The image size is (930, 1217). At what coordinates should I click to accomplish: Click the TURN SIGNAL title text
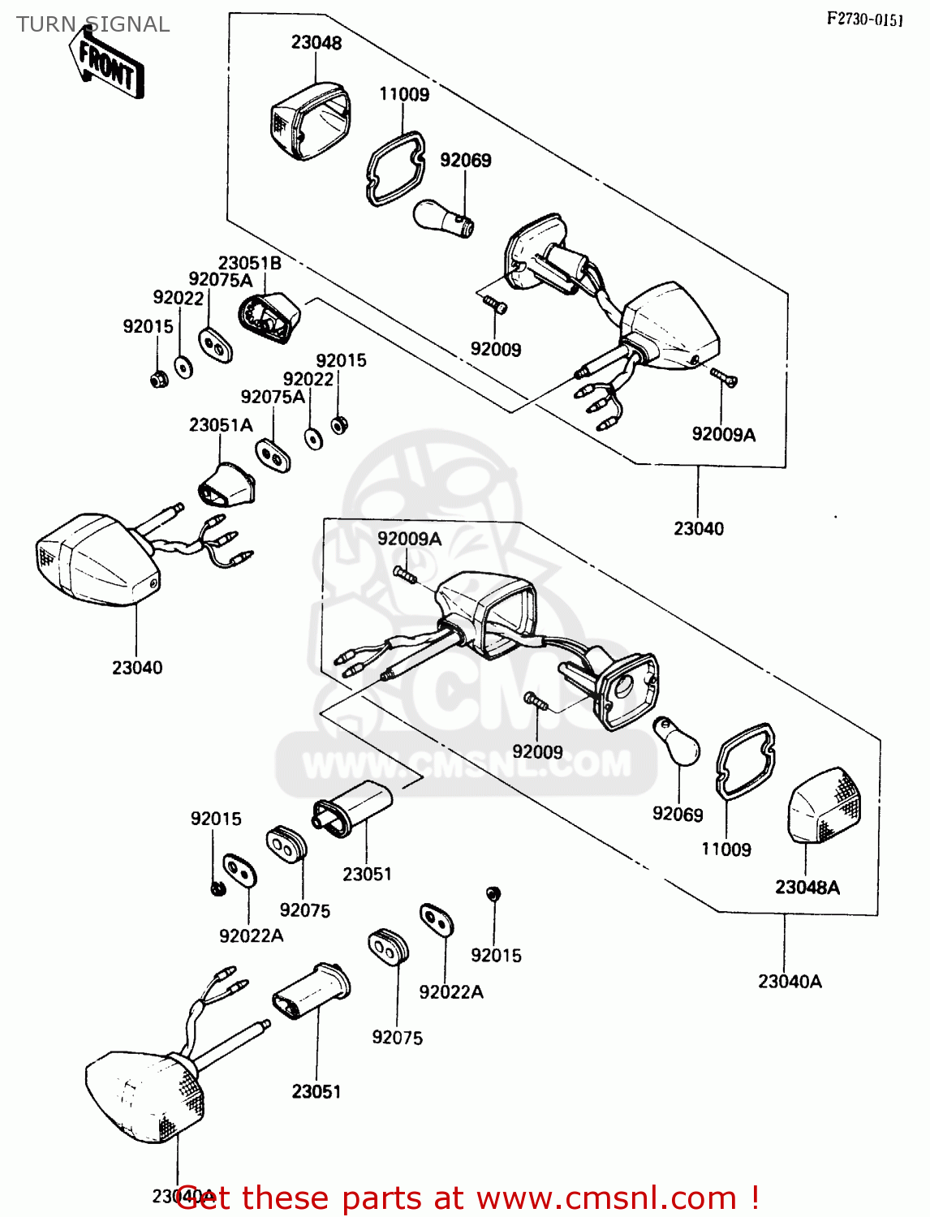pyautogui.click(x=93, y=24)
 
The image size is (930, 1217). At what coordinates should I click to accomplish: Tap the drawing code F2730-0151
pyautogui.click(x=864, y=19)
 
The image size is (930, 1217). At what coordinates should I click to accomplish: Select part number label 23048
pyautogui.click(x=316, y=43)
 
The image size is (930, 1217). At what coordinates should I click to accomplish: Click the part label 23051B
pyautogui.click(x=250, y=263)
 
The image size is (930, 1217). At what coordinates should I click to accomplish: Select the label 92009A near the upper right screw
pyautogui.click(x=723, y=434)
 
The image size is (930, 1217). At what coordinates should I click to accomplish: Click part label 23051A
pyautogui.click(x=221, y=424)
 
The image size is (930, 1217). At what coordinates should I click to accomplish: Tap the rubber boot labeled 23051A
pyautogui.click(x=227, y=484)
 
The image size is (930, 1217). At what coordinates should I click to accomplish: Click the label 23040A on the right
pyautogui.click(x=790, y=981)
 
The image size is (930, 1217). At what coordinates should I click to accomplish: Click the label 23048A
pyautogui.click(x=807, y=887)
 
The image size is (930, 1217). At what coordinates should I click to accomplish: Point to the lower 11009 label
pyautogui.click(x=726, y=849)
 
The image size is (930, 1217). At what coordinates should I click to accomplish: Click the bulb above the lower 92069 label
pyautogui.click(x=677, y=741)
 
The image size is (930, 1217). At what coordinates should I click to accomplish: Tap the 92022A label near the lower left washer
pyautogui.click(x=252, y=935)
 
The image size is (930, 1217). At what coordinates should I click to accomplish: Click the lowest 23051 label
pyautogui.click(x=316, y=1091)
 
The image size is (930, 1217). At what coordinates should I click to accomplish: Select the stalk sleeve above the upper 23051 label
pyautogui.click(x=354, y=806)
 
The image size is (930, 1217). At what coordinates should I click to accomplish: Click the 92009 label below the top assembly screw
pyautogui.click(x=496, y=349)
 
